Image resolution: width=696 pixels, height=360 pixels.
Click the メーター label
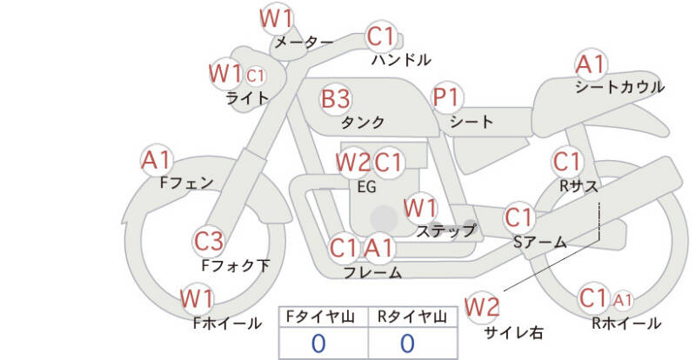coord(304,42)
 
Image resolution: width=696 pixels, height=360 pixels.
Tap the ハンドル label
coord(400,61)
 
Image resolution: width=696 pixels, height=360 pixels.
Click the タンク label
coord(363,123)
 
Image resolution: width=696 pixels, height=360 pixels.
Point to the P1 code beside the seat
coord(447,99)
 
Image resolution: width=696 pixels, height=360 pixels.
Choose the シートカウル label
coord(619,87)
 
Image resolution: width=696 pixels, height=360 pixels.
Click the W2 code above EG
coord(353,162)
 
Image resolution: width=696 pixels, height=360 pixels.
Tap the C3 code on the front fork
coord(209,240)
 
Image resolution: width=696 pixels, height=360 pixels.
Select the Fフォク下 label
coord(235,265)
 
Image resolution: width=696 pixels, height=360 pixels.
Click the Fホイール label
coord(227,323)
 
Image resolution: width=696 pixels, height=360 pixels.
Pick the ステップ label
coord(445,230)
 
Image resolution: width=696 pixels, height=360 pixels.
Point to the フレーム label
coord(372,273)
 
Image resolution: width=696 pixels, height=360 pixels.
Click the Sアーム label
coord(539,243)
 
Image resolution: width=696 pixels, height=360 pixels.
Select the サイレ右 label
coord(512,331)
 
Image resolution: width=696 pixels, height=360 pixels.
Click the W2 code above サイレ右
coord(482,306)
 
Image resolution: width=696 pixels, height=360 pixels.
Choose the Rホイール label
coord(625,323)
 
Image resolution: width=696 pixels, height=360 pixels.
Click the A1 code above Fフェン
coord(157,160)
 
